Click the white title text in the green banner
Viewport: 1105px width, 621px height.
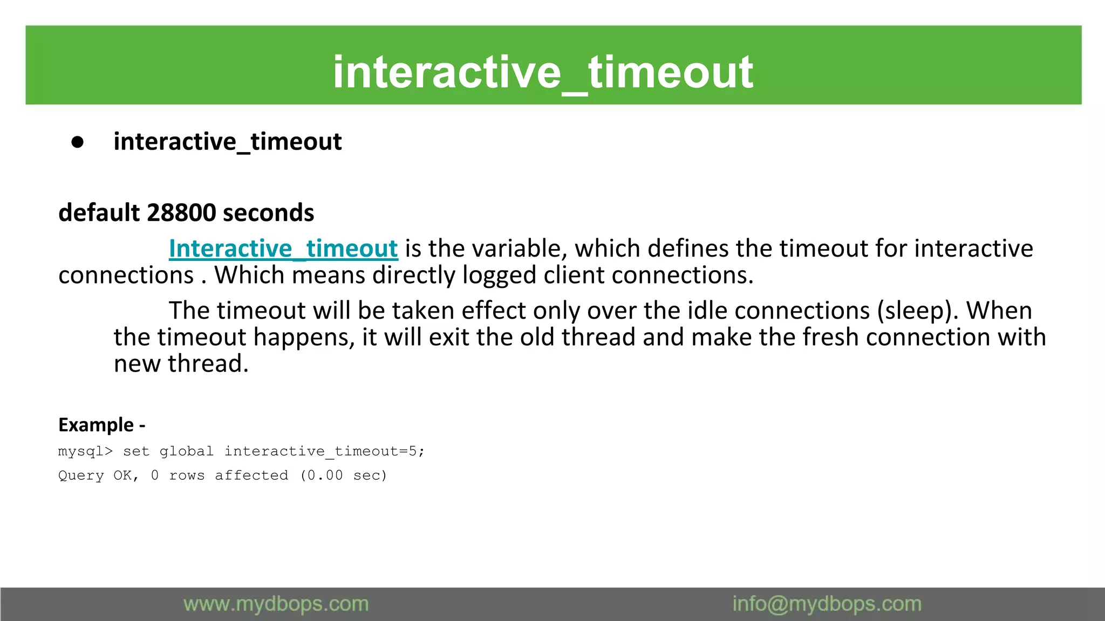(x=543, y=72)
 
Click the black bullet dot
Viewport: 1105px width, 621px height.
(x=78, y=142)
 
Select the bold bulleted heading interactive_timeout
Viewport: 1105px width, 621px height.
(x=227, y=142)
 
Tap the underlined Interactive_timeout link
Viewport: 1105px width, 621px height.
(x=283, y=249)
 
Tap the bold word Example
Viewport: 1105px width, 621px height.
(x=96, y=425)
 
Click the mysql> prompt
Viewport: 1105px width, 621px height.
(x=85, y=451)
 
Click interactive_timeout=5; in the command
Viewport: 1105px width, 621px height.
(x=324, y=451)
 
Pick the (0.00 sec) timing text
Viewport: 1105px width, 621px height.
(x=344, y=475)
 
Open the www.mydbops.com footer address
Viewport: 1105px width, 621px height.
(x=276, y=604)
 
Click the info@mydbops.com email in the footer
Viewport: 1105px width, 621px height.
(x=827, y=604)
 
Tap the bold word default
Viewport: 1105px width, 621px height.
(x=98, y=213)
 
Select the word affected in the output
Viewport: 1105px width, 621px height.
(x=251, y=475)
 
